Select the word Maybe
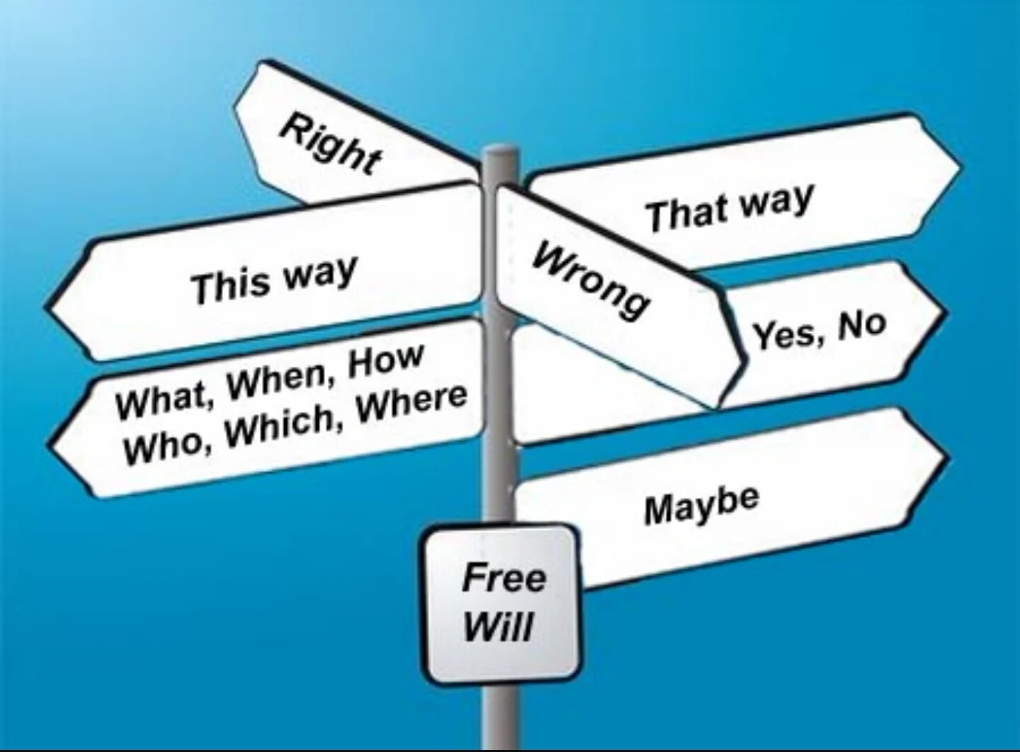click(x=701, y=504)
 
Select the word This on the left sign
click(x=231, y=285)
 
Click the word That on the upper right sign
click(x=687, y=213)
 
